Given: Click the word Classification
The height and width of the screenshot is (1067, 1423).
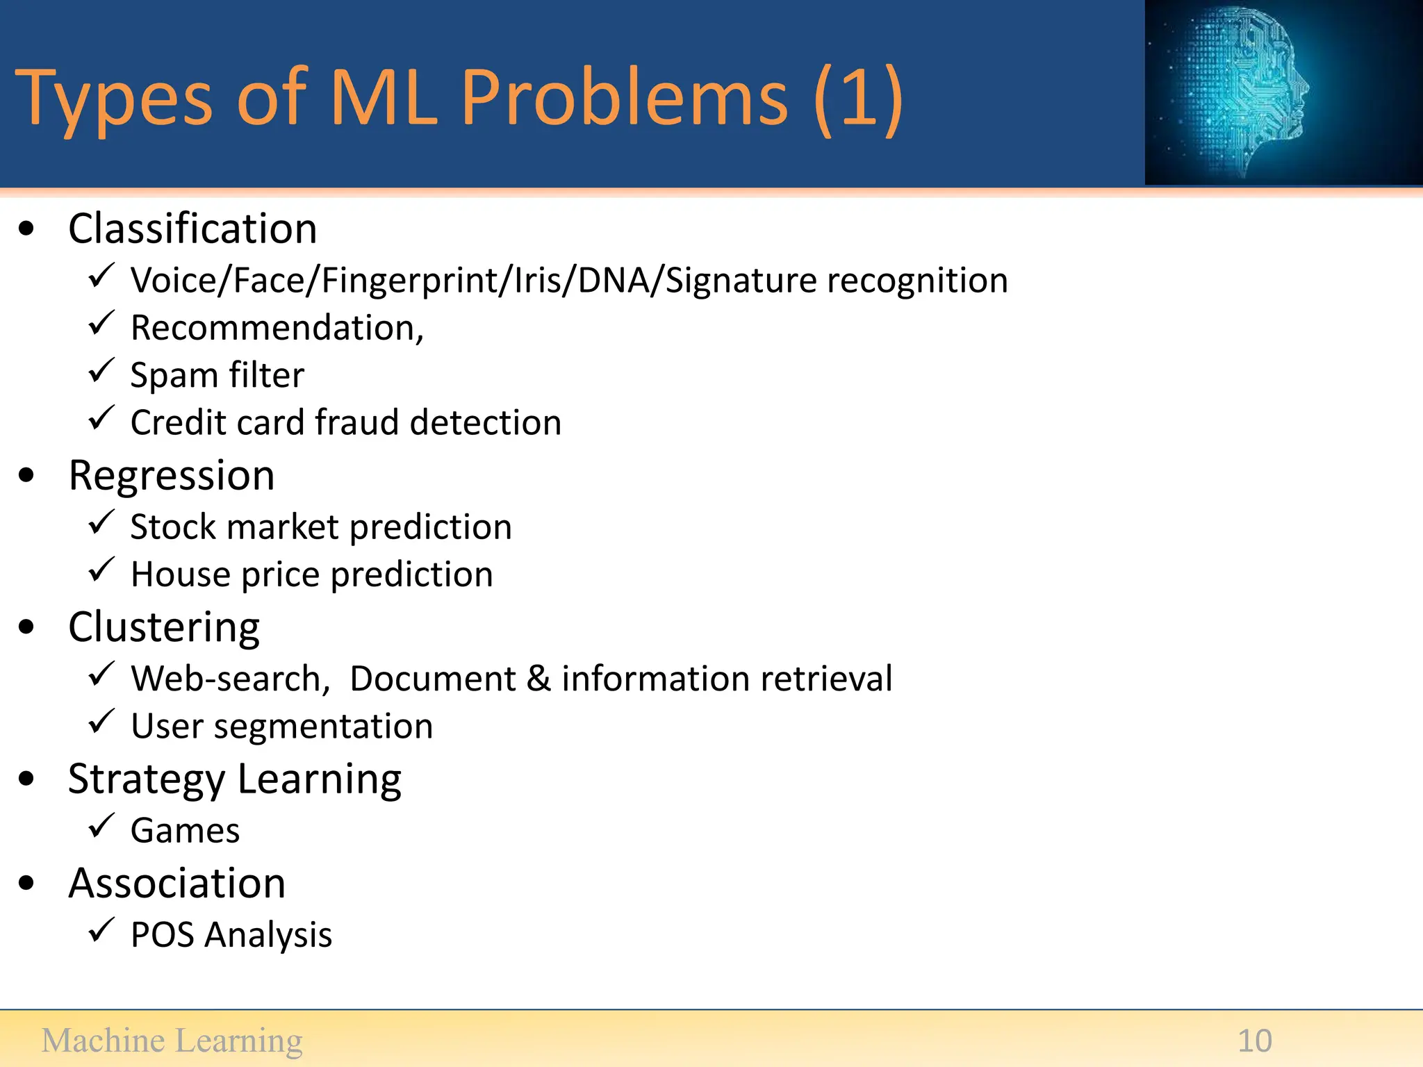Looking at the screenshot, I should tap(192, 229).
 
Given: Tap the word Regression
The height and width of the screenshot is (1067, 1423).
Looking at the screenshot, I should tap(172, 476).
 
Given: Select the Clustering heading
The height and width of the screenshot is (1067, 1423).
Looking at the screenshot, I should tap(164, 628).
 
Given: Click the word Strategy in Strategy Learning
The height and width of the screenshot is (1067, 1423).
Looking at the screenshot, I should tap(146, 779).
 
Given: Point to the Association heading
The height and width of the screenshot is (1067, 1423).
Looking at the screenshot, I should tap(176, 884).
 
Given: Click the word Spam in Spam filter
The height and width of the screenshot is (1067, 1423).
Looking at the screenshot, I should tap(174, 376).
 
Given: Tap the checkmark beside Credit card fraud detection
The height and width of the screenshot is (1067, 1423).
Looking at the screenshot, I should tap(101, 419).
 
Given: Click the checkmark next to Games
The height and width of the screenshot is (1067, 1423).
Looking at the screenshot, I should tap(101, 827).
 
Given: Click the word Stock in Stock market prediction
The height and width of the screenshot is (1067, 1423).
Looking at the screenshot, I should tap(173, 527).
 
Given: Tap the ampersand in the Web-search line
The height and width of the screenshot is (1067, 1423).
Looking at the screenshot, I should tap(538, 679).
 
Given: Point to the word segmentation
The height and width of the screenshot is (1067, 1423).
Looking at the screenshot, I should tap(323, 727).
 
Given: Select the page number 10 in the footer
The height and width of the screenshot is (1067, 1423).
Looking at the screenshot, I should tap(1254, 1041).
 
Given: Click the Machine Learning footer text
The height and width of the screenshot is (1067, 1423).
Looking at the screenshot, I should tap(172, 1041).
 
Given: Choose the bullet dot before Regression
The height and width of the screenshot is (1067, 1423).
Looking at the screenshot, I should tap(26, 476).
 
